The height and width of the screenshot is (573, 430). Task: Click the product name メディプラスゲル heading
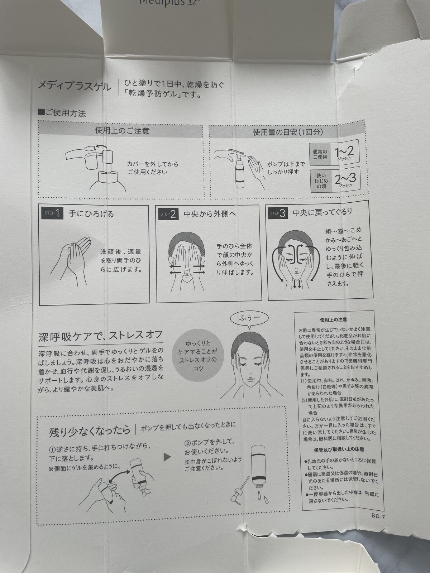click(75, 86)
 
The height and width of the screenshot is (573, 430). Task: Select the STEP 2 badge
click(168, 214)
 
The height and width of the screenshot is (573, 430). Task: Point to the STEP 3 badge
click(278, 213)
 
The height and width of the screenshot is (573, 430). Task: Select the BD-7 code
click(378, 516)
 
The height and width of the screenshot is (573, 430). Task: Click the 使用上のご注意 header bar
click(122, 131)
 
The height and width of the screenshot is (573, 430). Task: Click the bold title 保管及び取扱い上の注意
click(339, 449)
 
